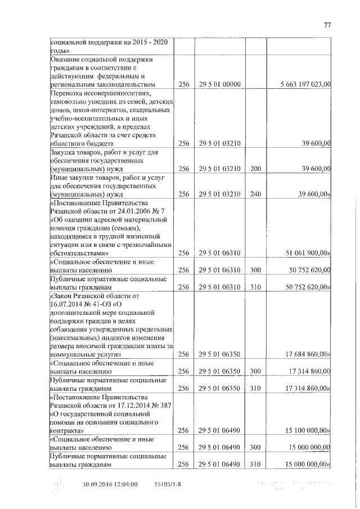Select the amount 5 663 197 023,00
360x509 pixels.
(305, 84)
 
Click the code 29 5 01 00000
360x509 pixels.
(220, 84)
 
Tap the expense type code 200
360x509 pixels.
(256, 168)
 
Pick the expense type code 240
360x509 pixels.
(256, 194)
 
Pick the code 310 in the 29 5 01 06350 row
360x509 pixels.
(256, 389)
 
